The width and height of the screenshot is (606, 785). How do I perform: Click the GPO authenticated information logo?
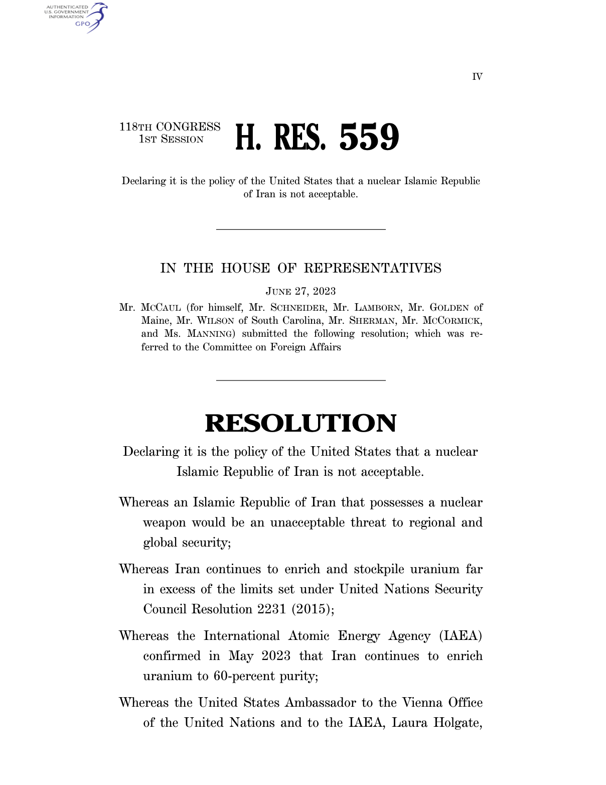[76, 17]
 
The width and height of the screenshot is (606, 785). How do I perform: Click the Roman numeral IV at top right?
[477, 77]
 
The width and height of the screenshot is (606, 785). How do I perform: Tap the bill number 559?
[369, 137]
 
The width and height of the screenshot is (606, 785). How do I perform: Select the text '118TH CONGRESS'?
[170, 126]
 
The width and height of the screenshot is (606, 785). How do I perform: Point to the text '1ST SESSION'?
[171, 140]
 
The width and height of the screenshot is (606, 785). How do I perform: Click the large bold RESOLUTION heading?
[300, 423]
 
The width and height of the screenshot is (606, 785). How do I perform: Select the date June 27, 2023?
[300, 292]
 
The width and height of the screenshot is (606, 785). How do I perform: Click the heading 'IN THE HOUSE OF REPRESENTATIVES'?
[300, 268]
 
